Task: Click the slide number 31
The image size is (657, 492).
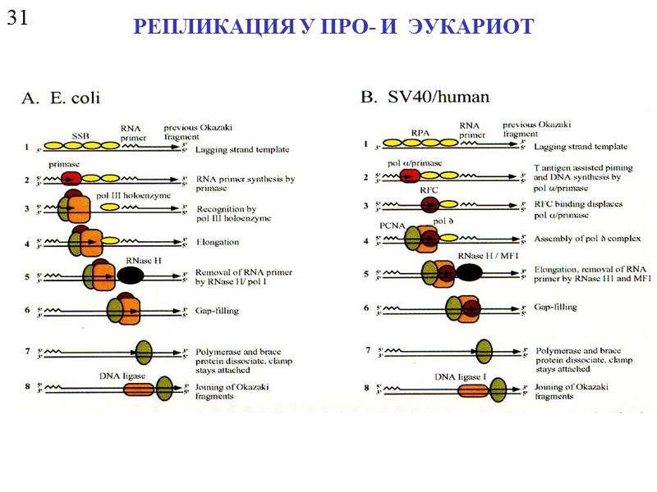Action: click(18, 17)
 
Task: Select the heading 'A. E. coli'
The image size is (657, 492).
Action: click(61, 98)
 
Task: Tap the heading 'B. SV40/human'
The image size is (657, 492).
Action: click(425, 97)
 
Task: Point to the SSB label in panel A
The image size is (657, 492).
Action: click(80, 136)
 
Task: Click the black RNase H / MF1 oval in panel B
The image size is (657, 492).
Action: click(469, 273)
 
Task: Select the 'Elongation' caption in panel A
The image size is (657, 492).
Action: click(218, 242)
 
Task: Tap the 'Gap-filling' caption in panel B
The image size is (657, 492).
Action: click(554, 307)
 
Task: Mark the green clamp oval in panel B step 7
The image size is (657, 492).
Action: click(483, 351)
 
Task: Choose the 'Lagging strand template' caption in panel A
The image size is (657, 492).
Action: click(231, 150)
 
